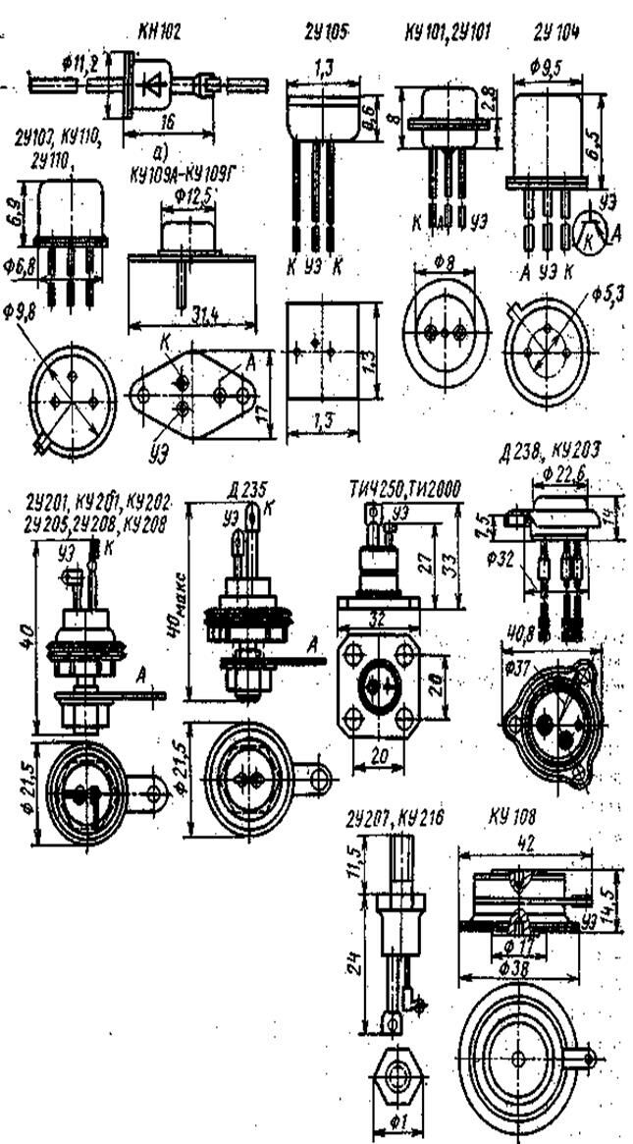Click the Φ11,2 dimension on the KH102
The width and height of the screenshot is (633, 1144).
point(80,63)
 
